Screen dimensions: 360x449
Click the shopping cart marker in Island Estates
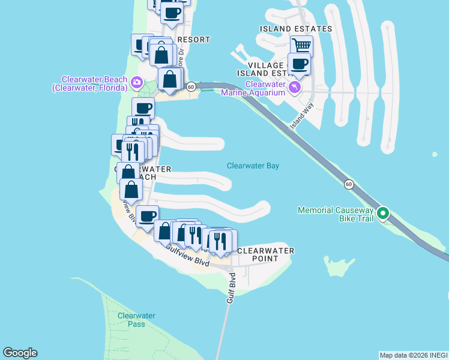301,46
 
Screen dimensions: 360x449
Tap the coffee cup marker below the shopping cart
299,64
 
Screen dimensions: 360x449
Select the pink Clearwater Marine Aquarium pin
294,88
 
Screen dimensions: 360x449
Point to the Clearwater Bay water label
253,166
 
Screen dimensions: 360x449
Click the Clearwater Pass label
136,320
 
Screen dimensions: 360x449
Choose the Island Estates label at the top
296,29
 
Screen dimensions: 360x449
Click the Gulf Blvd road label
232,288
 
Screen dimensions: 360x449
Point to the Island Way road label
302,116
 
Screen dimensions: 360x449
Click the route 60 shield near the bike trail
349,184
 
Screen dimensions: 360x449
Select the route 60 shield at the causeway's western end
190,86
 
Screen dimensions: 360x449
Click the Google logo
20,353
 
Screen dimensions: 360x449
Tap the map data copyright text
414,355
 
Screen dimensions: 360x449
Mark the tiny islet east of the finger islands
435,154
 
